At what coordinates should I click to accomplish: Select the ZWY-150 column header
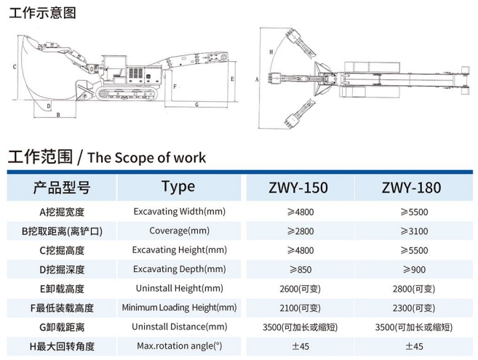click(x=299, y=188)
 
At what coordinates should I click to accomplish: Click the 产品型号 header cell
click(x=62, y=188)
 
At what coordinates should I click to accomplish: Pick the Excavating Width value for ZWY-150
click(x=299, y=212)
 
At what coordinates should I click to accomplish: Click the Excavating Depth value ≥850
click(x=299, y=269)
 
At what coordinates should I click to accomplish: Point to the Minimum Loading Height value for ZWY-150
click(x=299, y=308)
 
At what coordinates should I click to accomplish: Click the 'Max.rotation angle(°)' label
click(x=179, y=345)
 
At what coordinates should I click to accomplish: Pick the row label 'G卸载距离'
click(x=62, y=327)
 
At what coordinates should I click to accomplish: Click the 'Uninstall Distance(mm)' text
click(x=179, y=327)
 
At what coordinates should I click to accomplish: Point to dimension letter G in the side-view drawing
click(x=197, y=105)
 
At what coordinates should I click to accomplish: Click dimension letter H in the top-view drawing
click(x=271, y=52)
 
